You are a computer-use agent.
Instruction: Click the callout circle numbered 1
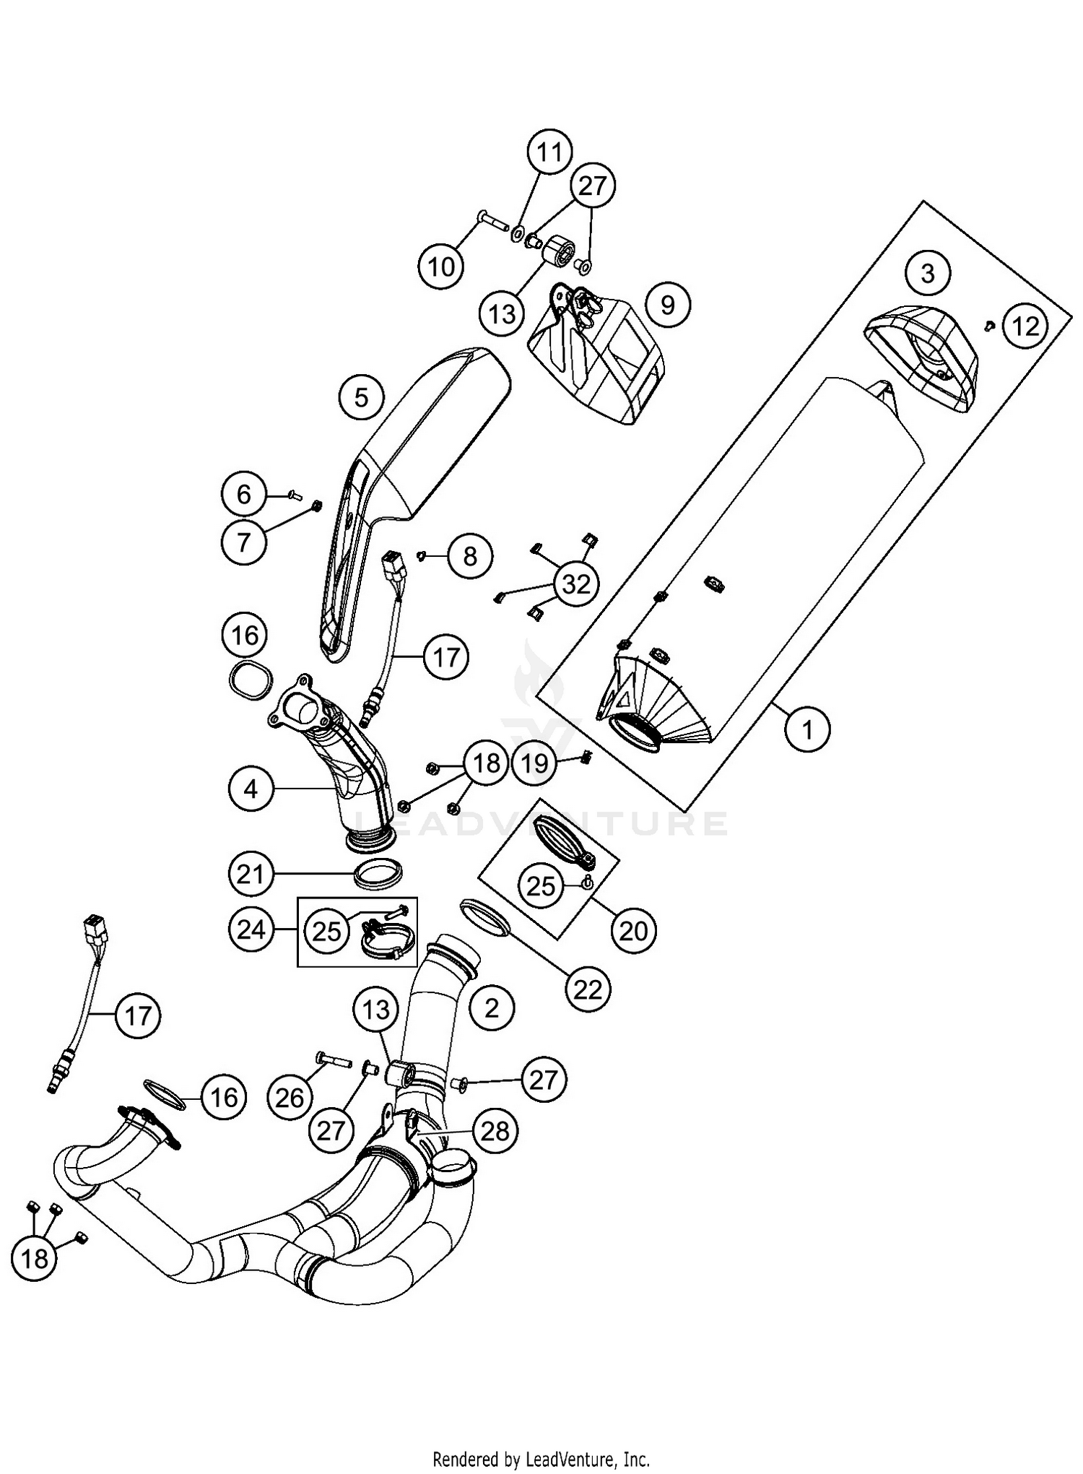(x=807, y=729)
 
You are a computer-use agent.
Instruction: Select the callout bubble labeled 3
(x=927, y=274)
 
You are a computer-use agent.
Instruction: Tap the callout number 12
(x=1025, y=326)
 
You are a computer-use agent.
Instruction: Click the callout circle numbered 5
(x=362, y=397)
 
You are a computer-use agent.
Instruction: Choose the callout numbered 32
(x=575, y=584)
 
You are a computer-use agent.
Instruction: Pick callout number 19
(x=535, y=763)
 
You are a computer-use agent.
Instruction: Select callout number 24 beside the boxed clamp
(x=251, y=929)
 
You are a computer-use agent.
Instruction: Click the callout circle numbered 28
(x=495, y=1132)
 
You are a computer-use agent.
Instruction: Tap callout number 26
(x=290, y=1098)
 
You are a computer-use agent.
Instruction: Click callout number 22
(x=588, y=989)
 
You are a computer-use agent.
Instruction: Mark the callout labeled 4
(x=251, y=789)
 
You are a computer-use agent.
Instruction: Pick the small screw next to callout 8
(x=421, y=555)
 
